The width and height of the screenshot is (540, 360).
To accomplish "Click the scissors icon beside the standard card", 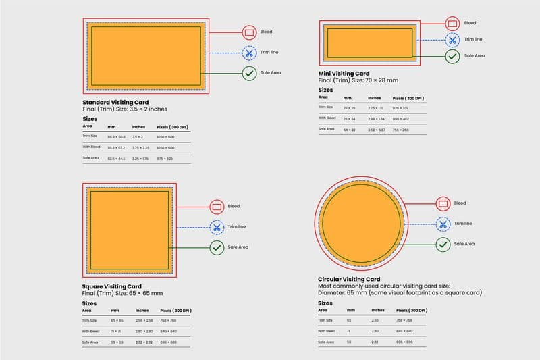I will pos(249,52).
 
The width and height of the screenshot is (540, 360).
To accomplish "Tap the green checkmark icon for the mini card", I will pos(452,56).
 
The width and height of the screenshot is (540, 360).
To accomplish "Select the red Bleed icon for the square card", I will pos(217,206).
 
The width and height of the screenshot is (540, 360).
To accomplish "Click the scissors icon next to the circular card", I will pos(443,224).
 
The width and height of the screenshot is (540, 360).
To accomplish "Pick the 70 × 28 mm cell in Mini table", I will pos(349,107).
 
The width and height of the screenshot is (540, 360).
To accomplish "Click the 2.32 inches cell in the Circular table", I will pos(374,342).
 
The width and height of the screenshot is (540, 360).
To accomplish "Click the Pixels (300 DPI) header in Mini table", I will pos(410,97).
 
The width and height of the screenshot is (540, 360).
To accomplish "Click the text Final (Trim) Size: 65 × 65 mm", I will pos(121,293).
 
